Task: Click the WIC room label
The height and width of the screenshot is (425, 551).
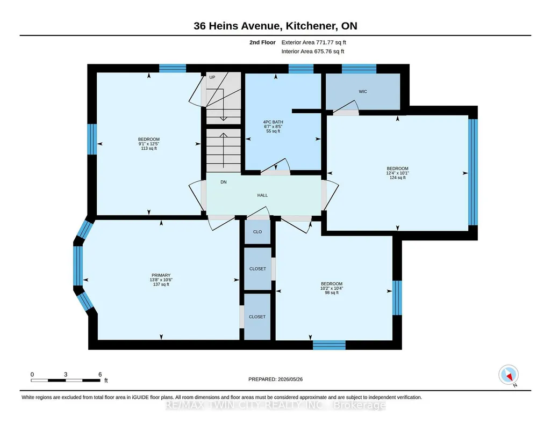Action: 363,92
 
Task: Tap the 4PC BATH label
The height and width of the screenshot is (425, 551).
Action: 273,122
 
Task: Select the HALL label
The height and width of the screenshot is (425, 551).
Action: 262,195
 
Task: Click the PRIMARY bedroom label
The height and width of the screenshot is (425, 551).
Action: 161,275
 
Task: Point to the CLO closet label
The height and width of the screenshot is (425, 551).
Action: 257,232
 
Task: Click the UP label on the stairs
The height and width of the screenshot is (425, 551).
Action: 212,77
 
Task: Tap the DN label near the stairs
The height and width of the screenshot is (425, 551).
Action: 224,182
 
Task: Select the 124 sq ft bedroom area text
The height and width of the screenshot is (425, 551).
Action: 397,178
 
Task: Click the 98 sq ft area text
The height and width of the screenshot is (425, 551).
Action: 332,292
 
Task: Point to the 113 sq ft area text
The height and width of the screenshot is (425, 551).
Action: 149,148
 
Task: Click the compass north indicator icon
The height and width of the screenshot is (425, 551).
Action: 509,375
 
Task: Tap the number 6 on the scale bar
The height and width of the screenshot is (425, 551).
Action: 100,374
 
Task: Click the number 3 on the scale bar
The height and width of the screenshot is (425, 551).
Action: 66,374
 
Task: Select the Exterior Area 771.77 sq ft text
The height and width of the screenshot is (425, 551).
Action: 314,42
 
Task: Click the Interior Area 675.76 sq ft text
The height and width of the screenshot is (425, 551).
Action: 313,51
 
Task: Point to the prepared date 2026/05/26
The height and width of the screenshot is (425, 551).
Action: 290,379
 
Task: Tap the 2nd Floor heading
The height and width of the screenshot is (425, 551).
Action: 262,42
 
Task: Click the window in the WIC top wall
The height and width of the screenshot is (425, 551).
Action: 359,69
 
